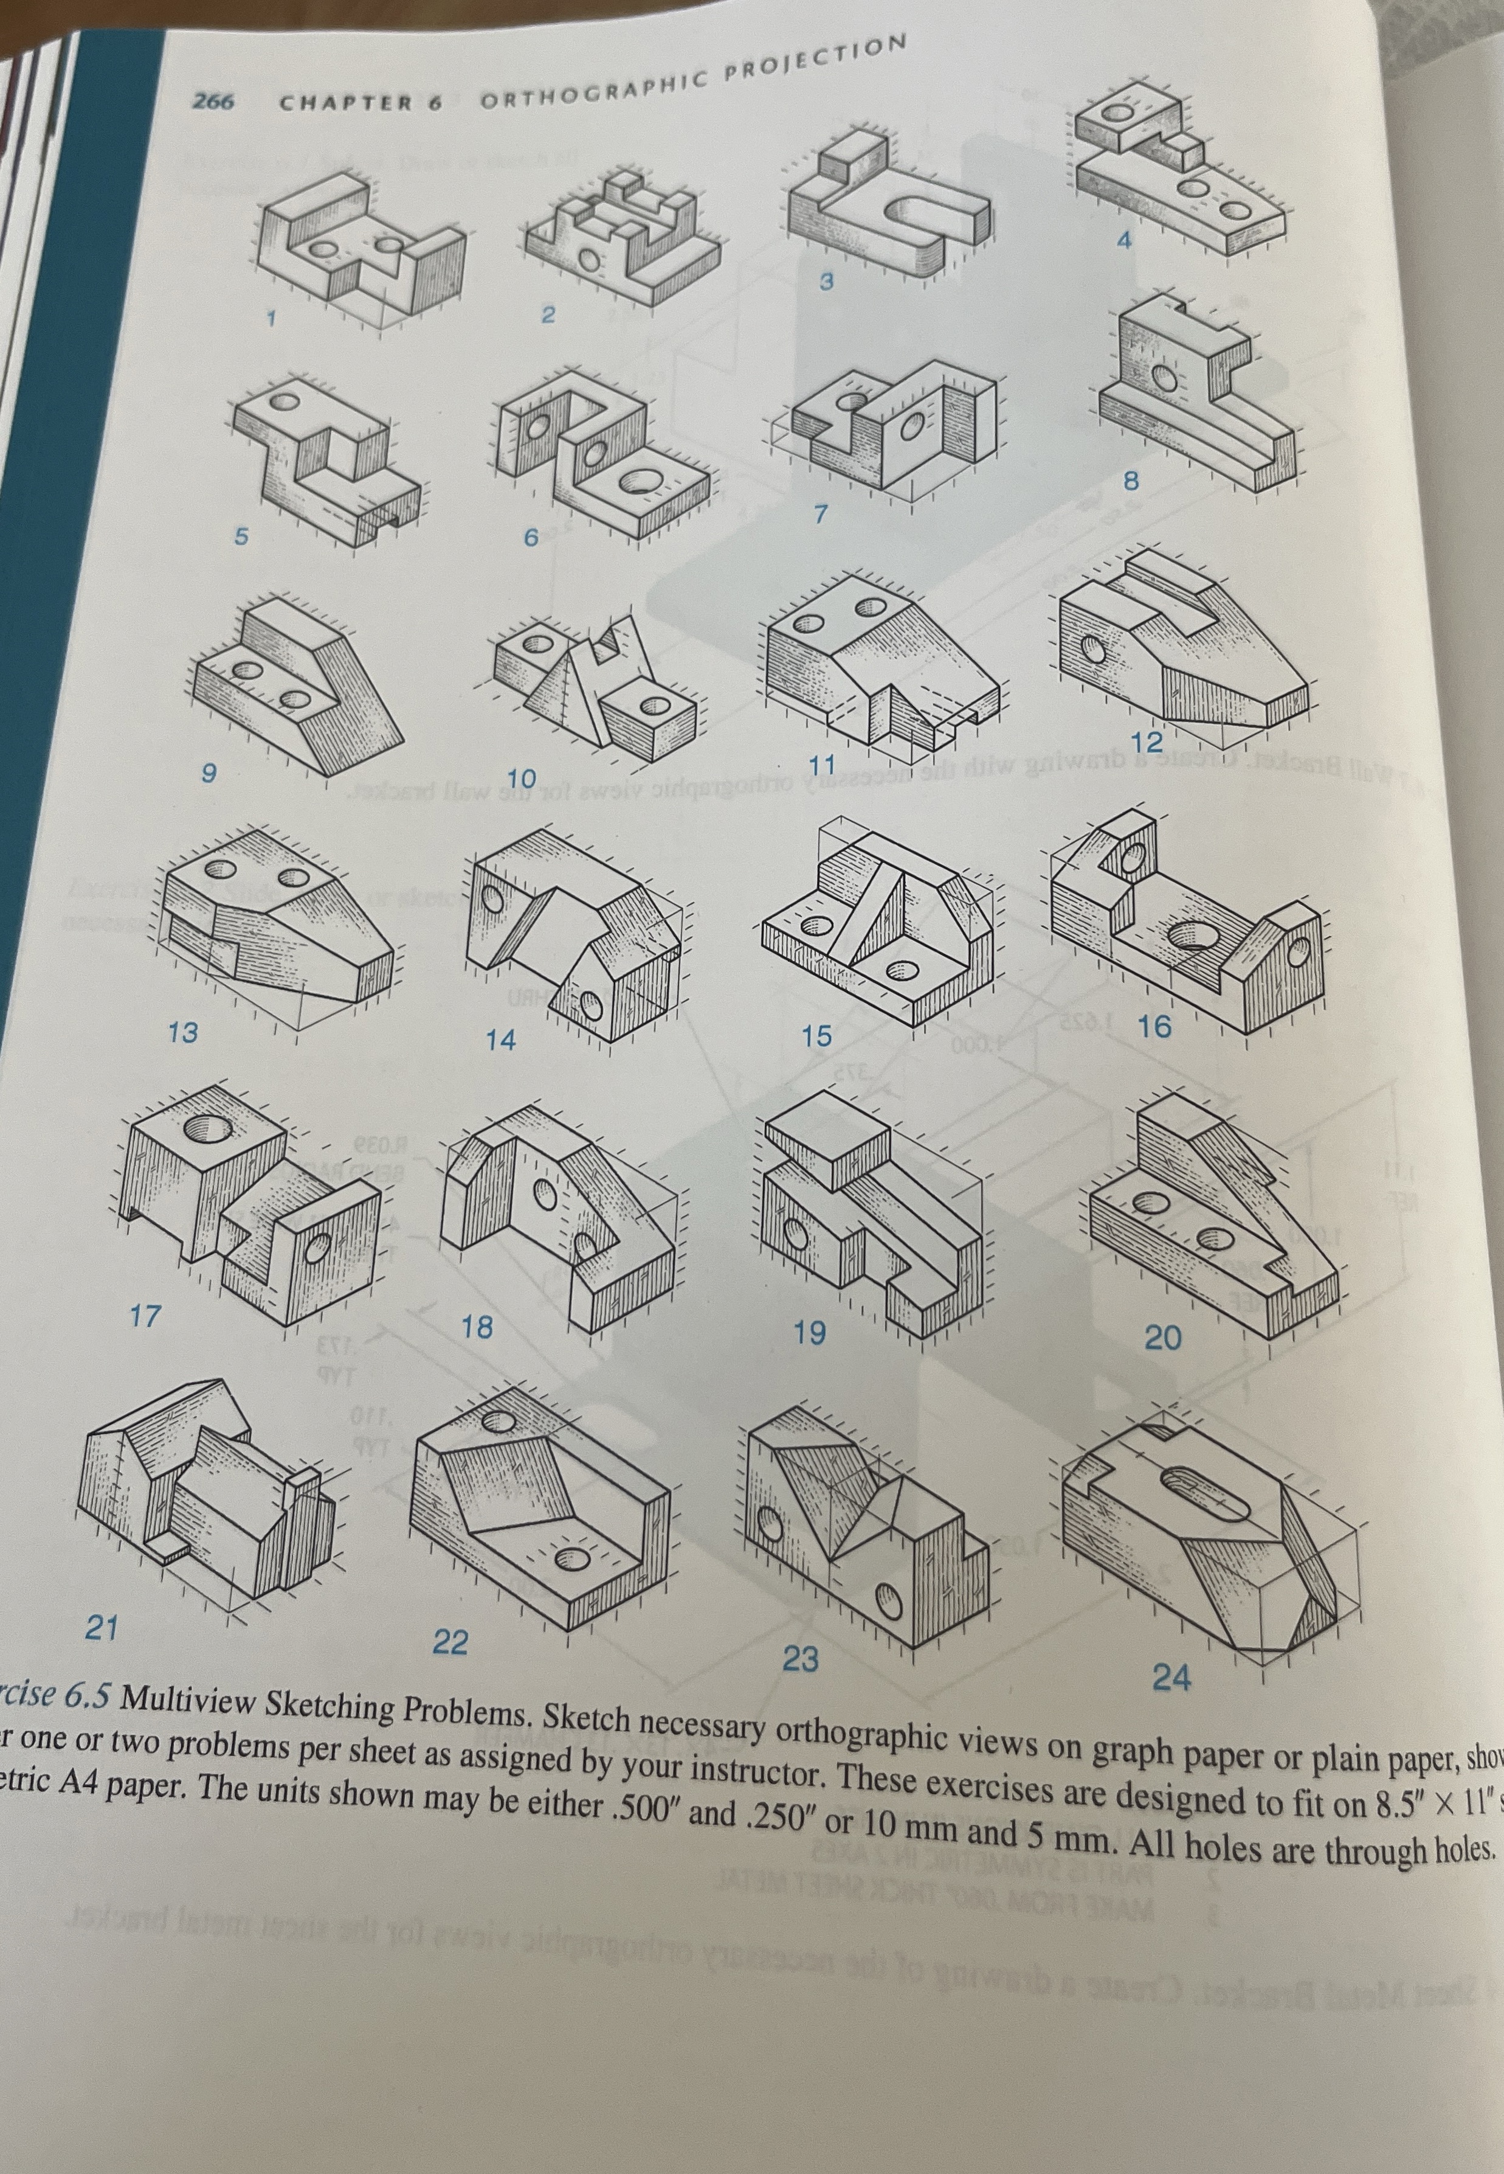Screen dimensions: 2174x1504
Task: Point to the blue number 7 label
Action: [x=820, y=515]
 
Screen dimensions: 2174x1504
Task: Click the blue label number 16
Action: [x=1155, y=1026]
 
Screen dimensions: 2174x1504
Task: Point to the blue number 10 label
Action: [x=520, y=779]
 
